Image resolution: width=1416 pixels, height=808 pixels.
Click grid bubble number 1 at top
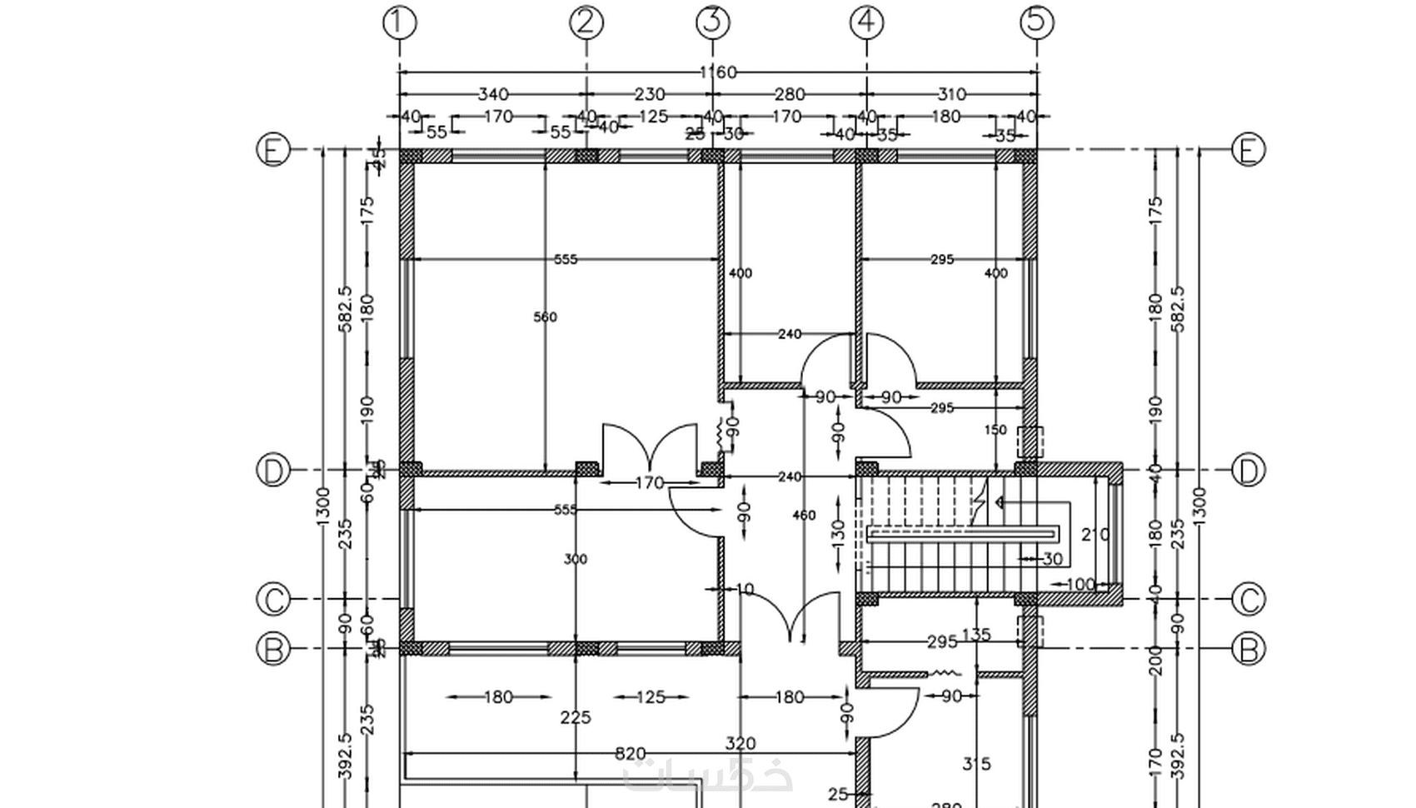(399, 22)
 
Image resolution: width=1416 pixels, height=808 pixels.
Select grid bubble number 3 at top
(712, 22)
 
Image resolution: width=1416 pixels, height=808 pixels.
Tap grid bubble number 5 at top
(1036, 22)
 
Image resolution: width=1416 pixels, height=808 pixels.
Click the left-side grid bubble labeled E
(272, 151)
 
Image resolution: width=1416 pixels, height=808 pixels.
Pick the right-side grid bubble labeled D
(1248, 471)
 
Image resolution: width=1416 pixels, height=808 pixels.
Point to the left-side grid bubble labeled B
(272, 649)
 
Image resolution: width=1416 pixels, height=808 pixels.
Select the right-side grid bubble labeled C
(1248, 599)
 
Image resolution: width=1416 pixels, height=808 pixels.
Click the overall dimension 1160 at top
(717, 72)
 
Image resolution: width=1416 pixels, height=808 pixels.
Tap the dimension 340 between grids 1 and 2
(492, 95)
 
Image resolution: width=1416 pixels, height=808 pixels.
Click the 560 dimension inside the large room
(545, 317)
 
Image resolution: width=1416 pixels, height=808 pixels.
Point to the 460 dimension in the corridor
(804, 516)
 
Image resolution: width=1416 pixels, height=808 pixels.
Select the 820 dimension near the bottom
(630, 754)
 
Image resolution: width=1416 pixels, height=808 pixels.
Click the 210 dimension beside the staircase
(1094, 535)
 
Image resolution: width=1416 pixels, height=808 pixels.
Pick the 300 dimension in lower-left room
(576, 559)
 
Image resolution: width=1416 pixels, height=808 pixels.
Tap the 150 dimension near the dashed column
(995, 430)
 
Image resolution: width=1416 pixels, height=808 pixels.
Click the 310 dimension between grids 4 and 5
(951, 95)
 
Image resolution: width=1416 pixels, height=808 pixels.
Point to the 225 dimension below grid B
(576, 717)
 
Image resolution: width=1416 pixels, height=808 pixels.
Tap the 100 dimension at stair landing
(1080, 584)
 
